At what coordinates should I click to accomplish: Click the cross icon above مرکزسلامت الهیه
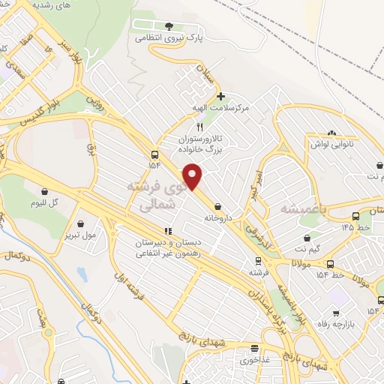coord(220,96)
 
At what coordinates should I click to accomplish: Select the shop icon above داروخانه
coord(217,206)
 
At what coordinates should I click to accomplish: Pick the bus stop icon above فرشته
coord(258,261)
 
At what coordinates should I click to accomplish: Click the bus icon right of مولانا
coord(330,264)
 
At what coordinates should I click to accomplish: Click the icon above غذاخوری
coord(254,348)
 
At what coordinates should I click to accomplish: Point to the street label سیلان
coord(204,74)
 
